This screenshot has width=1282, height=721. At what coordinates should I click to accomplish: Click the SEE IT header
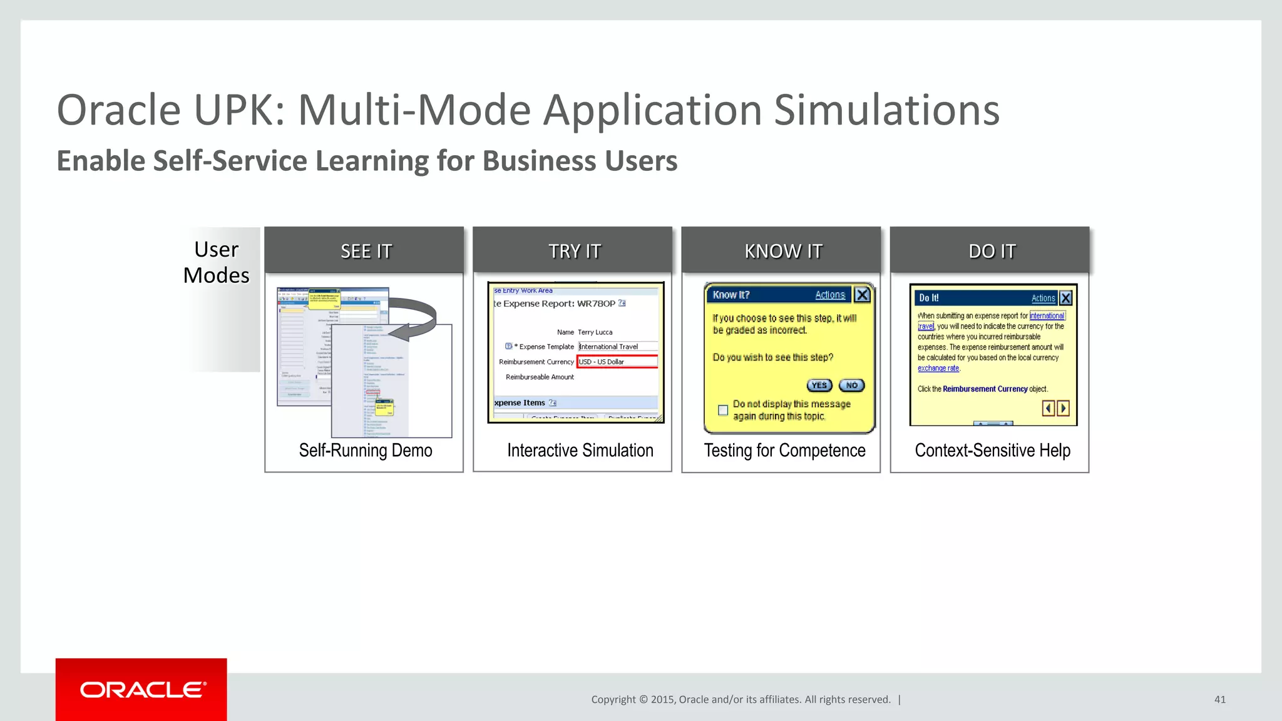point(366,251)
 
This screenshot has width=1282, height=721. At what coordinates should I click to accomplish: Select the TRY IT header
point(574,251)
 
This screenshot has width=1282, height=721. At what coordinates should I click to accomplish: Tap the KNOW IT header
point(782,251)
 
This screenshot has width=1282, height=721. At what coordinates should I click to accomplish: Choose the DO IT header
point(992,251)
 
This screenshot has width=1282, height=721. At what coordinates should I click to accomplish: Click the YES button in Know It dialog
point(819,386)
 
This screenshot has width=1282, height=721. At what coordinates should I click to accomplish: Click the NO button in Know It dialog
point(852,386)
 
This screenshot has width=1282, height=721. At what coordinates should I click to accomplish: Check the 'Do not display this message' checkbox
point(723,411)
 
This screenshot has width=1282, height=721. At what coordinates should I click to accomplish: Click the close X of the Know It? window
point(862,295)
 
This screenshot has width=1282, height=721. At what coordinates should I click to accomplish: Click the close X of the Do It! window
point(1066,298)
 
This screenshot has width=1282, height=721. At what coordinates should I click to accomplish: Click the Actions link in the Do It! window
point(1043,299)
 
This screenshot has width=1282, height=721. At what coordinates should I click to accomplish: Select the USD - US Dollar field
point(617,362)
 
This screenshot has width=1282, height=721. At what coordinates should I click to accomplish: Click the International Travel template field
point(617,346)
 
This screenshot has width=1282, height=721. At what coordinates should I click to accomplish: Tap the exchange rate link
point(938,369)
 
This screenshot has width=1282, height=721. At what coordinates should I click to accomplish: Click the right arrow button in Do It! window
point(1063,408)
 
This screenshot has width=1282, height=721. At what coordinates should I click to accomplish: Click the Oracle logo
point(142,690)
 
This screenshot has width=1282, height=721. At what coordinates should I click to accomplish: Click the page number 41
point(1219,700)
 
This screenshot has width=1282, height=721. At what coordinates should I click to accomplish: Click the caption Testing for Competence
point(784,451)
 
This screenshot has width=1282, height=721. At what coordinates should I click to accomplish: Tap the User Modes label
point(217,262)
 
